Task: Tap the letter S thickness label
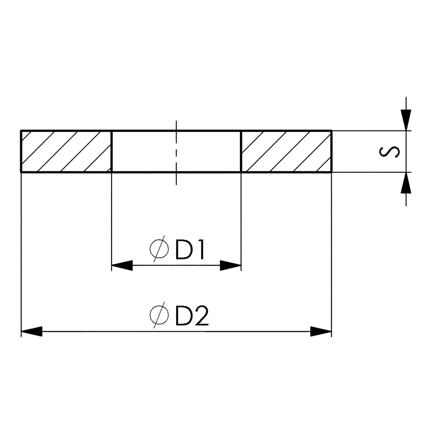coord(389,152)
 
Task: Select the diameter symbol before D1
coord(159,249)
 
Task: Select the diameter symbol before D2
coord(159,315)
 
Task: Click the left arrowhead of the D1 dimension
coord(122,265)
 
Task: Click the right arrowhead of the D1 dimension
coord(230,265)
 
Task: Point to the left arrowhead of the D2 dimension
coord(32,331)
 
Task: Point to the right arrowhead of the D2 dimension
coord(321,331)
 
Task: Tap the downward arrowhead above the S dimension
coord(406,120)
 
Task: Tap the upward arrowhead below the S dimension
coord(406,183)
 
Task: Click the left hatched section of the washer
coord(66,151)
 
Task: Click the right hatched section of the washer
coord(286,151)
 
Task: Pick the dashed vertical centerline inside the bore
coord(176,153)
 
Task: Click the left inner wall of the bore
coord(112,151)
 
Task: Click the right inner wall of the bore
coord(241,151)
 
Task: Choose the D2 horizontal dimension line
coord(176,331)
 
